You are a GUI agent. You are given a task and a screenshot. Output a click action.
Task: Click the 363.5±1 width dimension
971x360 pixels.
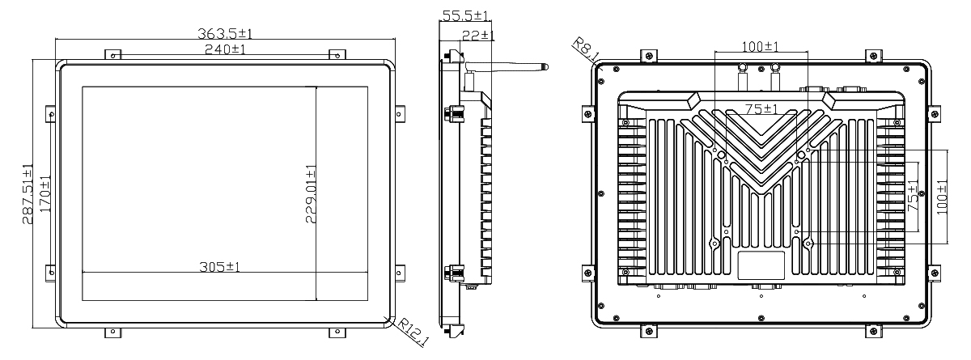tap(225, 33)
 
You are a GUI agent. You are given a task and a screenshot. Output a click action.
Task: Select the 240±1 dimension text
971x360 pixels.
tap(225, 49)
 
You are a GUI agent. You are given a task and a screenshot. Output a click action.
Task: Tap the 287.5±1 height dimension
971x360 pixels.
tap(28, 193)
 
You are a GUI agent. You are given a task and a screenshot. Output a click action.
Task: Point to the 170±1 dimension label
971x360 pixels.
tap(45, 193)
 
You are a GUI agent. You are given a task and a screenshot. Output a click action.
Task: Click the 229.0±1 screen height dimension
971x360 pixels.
tap(311, 193)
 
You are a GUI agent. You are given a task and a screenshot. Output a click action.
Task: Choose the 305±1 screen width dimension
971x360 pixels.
tap(219, 266)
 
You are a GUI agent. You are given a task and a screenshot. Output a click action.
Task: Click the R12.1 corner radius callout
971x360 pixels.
tap(412, 332)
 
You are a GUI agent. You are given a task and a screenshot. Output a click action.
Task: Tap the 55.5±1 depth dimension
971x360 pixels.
tap(465, 15)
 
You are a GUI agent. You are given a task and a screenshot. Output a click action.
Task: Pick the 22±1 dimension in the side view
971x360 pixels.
tap(478, 35)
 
